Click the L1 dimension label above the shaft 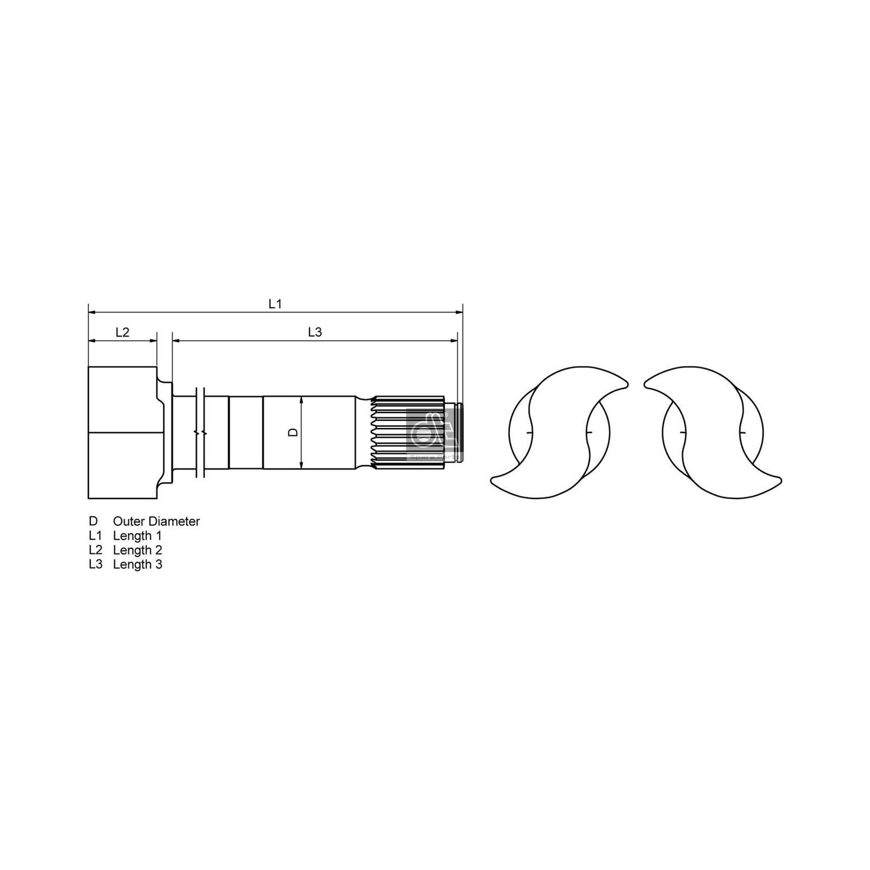275,304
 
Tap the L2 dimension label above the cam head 122,332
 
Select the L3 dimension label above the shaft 314,332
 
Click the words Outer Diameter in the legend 156,521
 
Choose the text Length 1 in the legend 137,536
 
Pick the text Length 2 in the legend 137,550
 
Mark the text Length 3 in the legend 137,565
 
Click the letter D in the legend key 93,521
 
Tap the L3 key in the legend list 95,565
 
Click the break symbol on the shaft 201,432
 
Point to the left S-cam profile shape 560,432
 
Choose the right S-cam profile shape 712,432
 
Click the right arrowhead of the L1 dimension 460,312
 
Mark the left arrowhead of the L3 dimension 176,340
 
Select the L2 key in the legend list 95,550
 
